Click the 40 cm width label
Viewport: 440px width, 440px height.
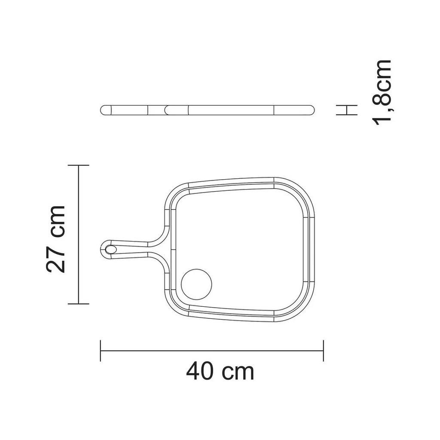click(x=220, y=371)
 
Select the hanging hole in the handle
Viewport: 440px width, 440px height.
click(x=110, y=249)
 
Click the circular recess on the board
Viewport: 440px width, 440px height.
click(x=196, y=284)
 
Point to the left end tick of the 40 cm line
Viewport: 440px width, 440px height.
click(x=101, y=351)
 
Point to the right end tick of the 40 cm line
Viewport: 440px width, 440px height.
click(x=324, y=351)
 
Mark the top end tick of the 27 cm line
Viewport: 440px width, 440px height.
click(x=79, y=165)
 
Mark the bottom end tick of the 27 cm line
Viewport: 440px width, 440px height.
click(x=79, y=304)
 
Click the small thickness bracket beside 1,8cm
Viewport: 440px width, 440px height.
click(x=347, y=110)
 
